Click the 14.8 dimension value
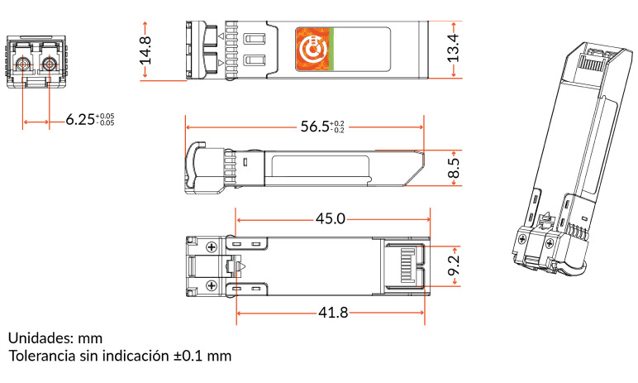tap(145, 50)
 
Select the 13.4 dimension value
tap(453, 48)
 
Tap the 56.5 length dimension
tap(315, 127)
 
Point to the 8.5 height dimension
tap(454, 168)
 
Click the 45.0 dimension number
tap(331, 219)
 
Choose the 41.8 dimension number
tap(333, 313)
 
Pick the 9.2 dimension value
tap(453, 266)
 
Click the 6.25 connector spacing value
tap(80, 120)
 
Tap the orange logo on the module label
tap(312, 50)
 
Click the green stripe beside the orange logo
tap(331, 50)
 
